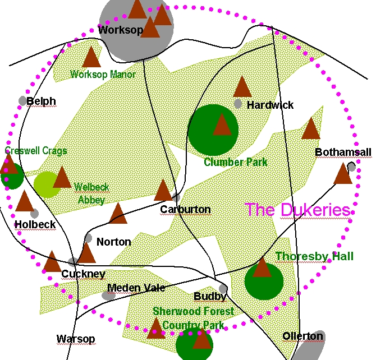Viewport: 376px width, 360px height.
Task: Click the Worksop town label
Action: tap(121, 30)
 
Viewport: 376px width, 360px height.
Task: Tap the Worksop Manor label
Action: tap(103, 74)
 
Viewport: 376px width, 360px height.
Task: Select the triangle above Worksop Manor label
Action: tap(91, 57)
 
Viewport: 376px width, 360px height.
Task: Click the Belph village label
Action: tap(41, 101)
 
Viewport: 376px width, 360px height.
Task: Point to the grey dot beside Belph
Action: tap(22, 101)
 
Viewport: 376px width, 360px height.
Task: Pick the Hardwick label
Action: tap(270, 105)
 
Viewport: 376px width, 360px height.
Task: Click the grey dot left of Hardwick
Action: tap(238, 104)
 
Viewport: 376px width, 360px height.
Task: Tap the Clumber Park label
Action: tap(236, 162)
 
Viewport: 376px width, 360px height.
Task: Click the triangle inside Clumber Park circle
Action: tap(222, 125)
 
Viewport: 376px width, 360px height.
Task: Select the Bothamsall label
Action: tap(343, 153)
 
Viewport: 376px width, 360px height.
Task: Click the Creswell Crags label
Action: tap(36, 151)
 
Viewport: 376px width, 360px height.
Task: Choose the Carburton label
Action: tap(185, 210)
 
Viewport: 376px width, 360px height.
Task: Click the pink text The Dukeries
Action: tap(297, 210)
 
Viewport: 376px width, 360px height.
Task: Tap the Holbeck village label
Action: tap(35, 224)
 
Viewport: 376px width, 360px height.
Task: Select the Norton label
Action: tap(113, 242)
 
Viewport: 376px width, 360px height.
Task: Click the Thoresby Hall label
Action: tap(314, 256)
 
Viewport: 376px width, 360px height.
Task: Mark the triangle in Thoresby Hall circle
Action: tap(262, 267)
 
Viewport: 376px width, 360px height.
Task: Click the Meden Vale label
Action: tap(136, 288)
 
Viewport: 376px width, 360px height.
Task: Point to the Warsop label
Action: tap(76, 339)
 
